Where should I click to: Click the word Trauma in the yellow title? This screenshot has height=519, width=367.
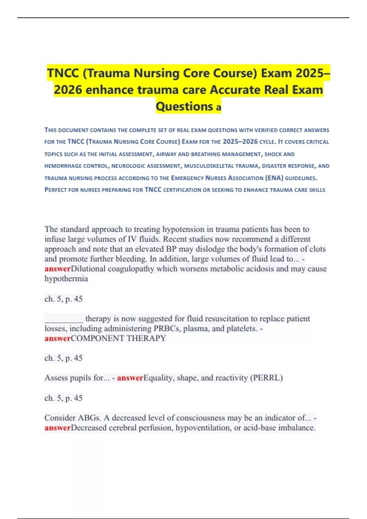pos(104,73)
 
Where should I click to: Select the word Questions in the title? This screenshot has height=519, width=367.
pos(184,106)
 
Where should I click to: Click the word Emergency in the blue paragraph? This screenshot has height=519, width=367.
pos(187,178)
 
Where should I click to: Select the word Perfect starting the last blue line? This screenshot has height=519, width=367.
pos(56,190)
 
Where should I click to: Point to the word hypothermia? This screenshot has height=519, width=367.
pos(66,279)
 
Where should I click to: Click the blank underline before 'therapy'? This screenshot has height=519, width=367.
pos(64,319)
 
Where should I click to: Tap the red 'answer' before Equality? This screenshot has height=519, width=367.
pos(130,378)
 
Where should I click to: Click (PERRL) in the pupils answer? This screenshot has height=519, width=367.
pos(266,378)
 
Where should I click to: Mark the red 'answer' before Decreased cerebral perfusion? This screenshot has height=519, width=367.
pos(57,428)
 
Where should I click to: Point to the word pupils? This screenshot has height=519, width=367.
pos(81,378)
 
